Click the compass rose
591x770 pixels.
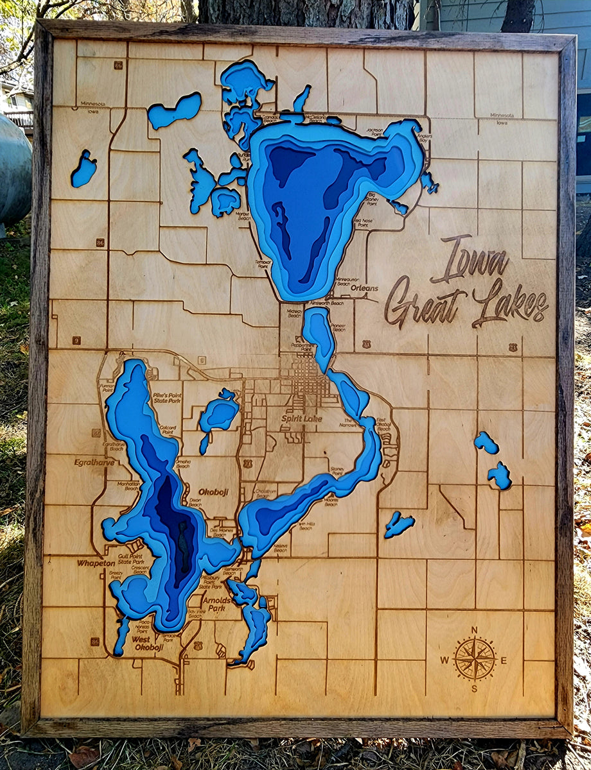tap(475, 658)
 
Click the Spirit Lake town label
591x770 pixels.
tap(301, 419)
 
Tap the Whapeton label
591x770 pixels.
tap(96, 563)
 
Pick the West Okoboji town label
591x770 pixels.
tap(148, 644)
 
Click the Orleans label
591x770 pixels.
tap(364, 288)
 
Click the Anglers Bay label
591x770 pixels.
tap(424, 137)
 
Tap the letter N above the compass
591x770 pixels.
tap(475, 629)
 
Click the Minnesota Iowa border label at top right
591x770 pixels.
tap(502, 118)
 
